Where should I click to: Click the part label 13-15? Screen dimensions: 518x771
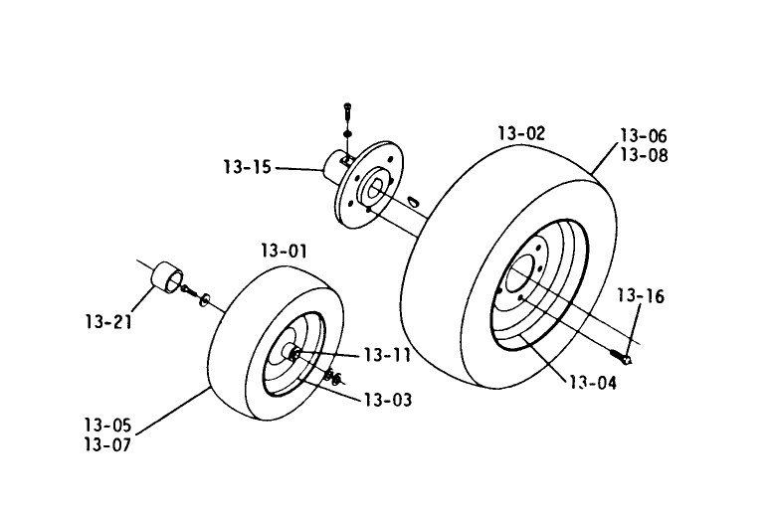[x=248, y=167]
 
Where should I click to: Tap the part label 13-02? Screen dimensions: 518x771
[x=520, y=132]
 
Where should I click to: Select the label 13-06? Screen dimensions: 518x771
[x=644, y=136]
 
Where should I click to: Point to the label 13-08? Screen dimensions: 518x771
[x=644, y=156]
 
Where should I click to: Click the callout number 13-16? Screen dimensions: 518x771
[x=639, y=296]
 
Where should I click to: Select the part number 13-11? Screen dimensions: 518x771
[x=387, y=355]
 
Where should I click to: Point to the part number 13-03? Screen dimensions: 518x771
[x=386, y=401]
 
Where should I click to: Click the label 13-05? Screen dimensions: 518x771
[x=106, y=426]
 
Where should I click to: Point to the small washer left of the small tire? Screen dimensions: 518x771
[x=204, y=298]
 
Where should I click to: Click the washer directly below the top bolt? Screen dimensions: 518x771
[x=346, y=133]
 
